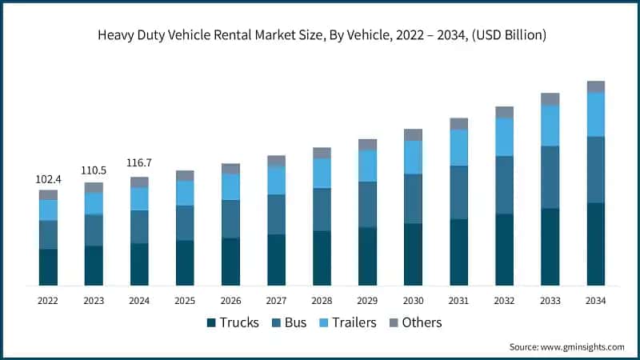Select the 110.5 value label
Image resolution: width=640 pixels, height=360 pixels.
pyautogui.click(x=94, y=171)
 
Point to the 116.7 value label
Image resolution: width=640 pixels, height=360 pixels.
pyautogui.click(x=139, y=163)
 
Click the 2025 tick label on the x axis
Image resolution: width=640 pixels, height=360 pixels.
pyautogui.click(x=185, y=301)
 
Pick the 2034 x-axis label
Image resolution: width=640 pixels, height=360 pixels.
pyautogui.click(x=595, y=301)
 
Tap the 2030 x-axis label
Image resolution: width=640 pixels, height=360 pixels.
pyautogui.click(x=413, y=301)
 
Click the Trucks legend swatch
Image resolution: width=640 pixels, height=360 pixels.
pyautogui.click(x=212, y=323)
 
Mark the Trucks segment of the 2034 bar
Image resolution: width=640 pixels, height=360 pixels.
pyautogui.click(x=595, y=244)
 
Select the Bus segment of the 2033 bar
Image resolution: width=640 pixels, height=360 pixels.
pyautogui.click(x=550, y=178)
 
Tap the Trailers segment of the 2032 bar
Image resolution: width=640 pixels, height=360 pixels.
pyautogui.click(x=504, y=137)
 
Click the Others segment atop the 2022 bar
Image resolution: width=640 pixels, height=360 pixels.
pyautogui.click(x=48, y=194)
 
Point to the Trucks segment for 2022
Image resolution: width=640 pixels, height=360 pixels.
pyautogui.click(x=48, y=267)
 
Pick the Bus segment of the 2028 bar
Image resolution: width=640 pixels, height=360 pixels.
pyautogui.click(x=322, y=210)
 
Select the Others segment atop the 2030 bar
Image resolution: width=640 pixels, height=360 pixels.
pyautogui.click(x=413, y=134)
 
